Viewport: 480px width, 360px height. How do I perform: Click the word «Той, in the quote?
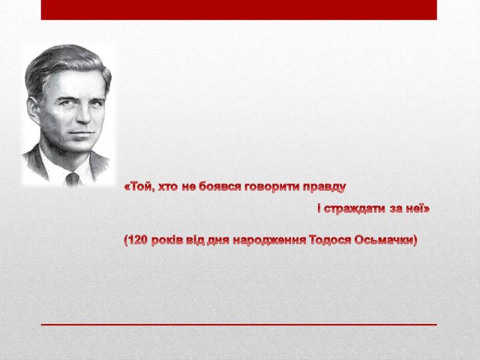coord(139,187)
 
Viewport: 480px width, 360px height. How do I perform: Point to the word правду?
coord(325,187)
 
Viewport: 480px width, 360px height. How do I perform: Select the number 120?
coord(138,241)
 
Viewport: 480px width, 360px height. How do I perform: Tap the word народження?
coord(269,241)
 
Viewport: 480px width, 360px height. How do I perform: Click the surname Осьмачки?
coord(385,241)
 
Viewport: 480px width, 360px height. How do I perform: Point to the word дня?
coord(218,241)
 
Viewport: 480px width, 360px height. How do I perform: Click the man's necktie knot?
coord(73,177)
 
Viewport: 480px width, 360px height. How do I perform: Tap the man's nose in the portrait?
coord(83,114)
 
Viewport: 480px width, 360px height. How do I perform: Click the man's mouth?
coord(81,133)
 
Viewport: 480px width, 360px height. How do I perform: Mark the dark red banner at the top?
coord(239,10)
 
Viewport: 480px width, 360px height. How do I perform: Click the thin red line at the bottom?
coord(239,325)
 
